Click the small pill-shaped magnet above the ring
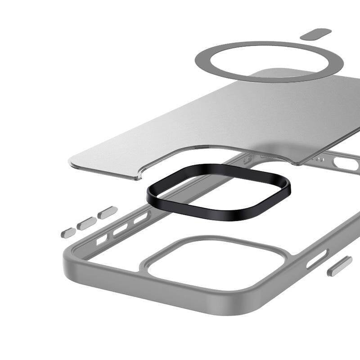tap(316, 34)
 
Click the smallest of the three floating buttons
tap(68, 232)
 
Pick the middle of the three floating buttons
tap(86, 223)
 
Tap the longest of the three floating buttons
tap(108, 213)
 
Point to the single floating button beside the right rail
tap(339, 266)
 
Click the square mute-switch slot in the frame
tap(102, 239)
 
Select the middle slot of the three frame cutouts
tap(121, 230)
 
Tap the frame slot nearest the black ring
tap(141, 218)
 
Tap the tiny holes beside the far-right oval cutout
tap(319, 159)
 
